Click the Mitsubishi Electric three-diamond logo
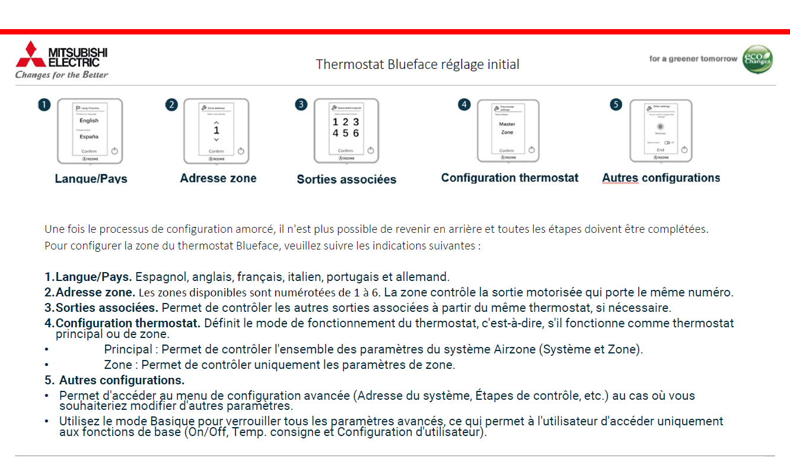[x=30, y=54]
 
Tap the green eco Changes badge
[x=757, y=59]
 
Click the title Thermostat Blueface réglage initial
[x=418, y=64]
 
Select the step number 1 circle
[x=44, y=105]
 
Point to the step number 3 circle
[x=301, y=105]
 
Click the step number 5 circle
[x=616, y=105]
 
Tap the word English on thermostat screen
[x=89, y=121]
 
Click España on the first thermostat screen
[x=89, y=137]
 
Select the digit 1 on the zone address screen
[x=216, y=130]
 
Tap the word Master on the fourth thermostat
[x=507, y=124]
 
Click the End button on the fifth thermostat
[x=660, y=150]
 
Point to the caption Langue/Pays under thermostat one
[x=91, y=178]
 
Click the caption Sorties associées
[x=346, y=179]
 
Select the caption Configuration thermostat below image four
[x=509, y=178]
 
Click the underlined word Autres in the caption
[x=620, y=178]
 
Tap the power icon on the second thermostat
[x=241, y=151]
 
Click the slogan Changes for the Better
[x=62, y=75]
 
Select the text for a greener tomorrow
[x=693, y=59]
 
